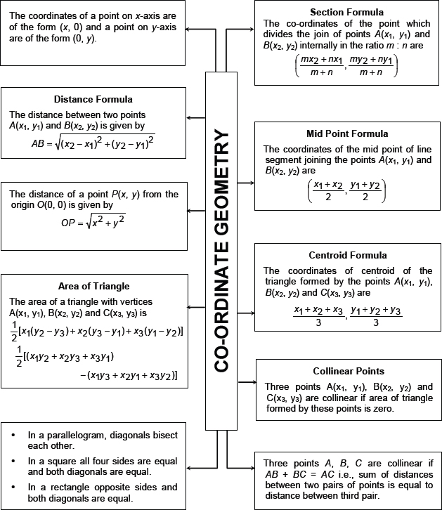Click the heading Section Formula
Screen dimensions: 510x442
coord(346,13)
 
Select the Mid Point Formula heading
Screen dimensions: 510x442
coord(347,134)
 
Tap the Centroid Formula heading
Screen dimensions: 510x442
coord(347,255)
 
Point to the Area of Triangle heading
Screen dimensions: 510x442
coord(93,286)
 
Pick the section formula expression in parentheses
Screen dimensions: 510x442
coord(347,65)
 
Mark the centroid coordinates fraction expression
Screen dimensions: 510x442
coord(347,315)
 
